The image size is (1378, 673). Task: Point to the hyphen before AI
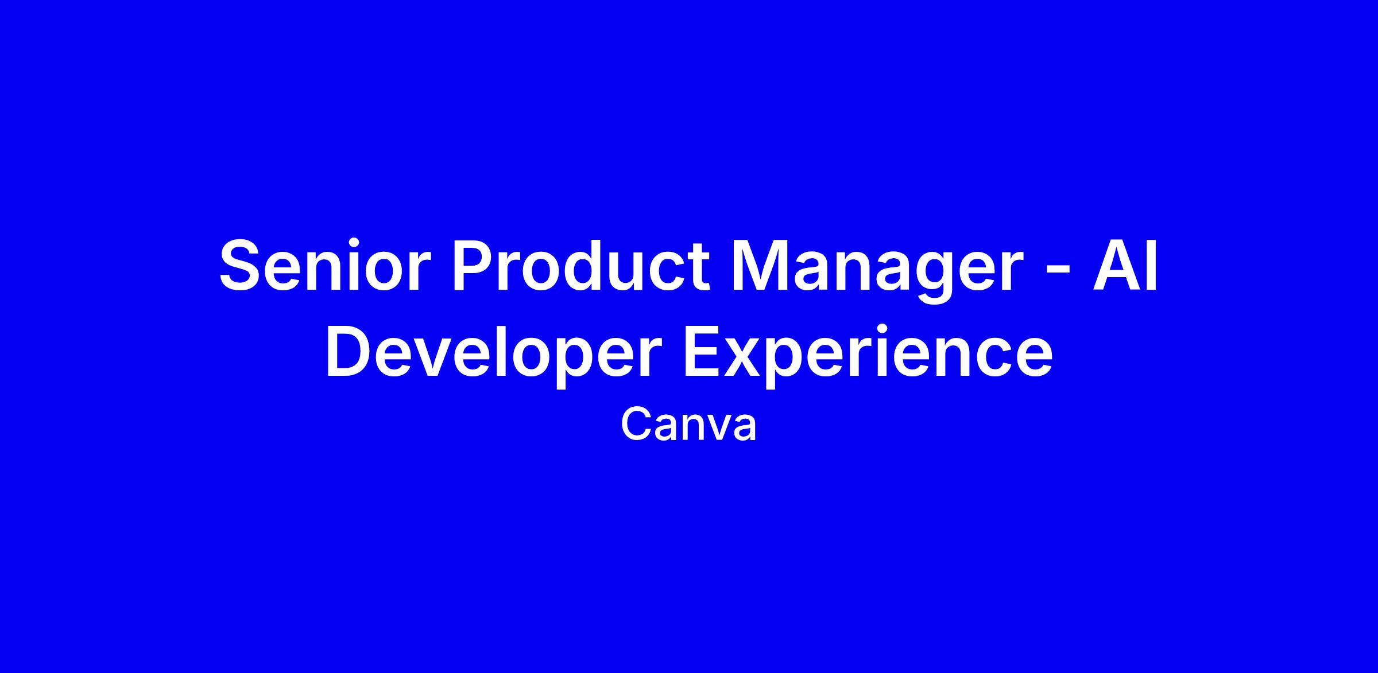pyautogui.click(x=1058, y=270)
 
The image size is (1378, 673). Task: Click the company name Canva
pyautogui.click(x=688, y=425)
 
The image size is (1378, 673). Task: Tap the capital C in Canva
pyautogui.click(x=637, y=425)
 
